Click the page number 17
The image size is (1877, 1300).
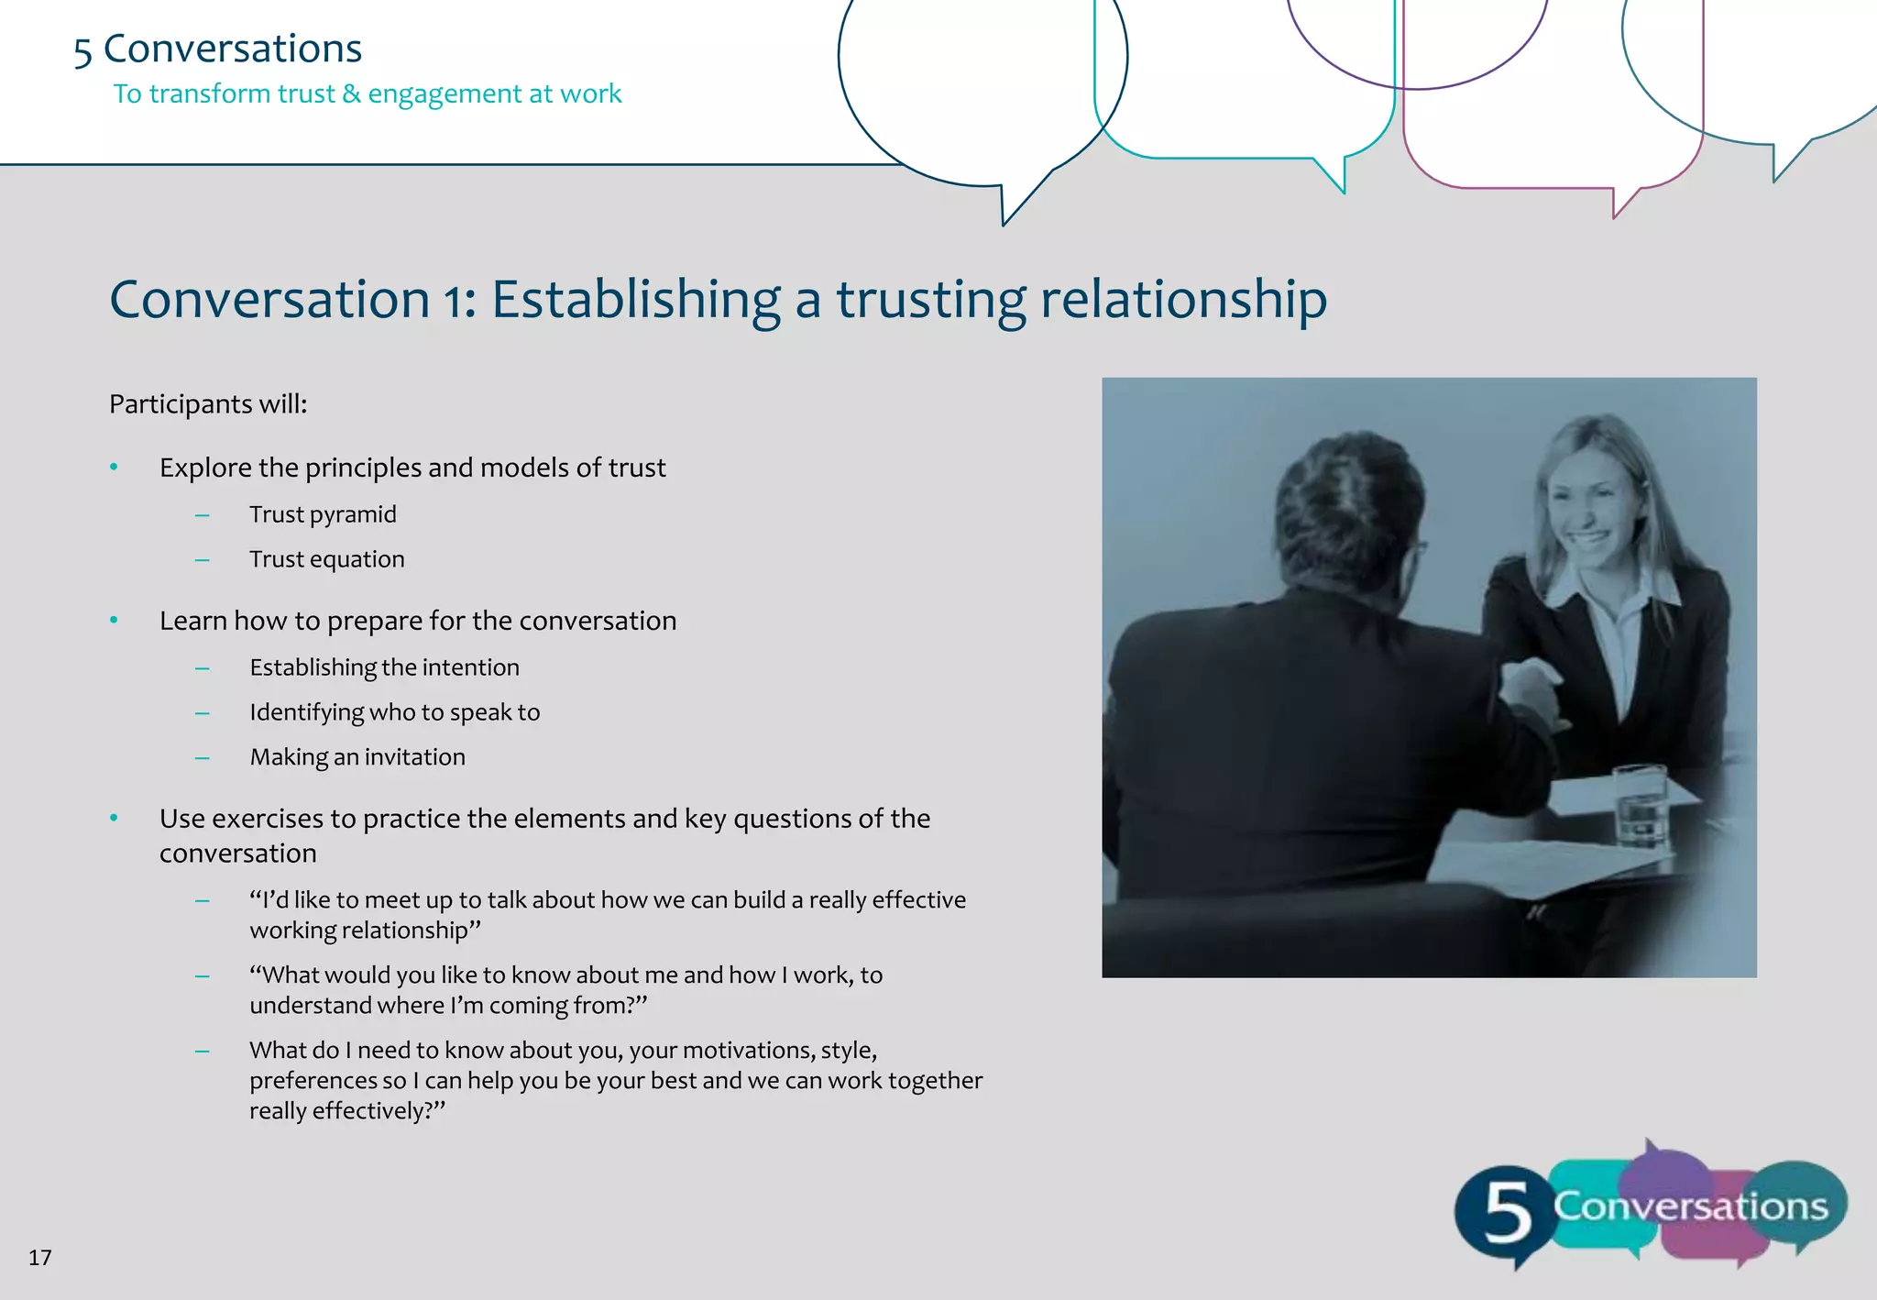click(40, 1257)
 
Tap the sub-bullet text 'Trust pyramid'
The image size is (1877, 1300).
click(323, 514)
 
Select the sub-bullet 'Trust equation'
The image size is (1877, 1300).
click(326, 559)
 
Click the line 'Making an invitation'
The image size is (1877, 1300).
click(357, 757)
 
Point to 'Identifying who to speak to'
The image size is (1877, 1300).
click(395, 712)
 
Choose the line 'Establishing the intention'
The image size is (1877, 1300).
click(384, 667)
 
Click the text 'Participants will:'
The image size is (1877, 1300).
click(208, 404)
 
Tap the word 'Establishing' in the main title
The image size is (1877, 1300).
click(636, 301)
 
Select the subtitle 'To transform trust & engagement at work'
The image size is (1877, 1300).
click(368, 94)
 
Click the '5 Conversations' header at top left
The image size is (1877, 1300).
click(218, 50)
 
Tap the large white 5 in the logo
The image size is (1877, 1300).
click(1507, 1212)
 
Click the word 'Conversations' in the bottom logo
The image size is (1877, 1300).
click(1690, 1206)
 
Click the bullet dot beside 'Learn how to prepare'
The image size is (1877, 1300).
click(114, 621)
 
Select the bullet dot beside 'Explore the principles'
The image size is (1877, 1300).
click(114, 468)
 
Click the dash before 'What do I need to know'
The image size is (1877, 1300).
click(203, 1051)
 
